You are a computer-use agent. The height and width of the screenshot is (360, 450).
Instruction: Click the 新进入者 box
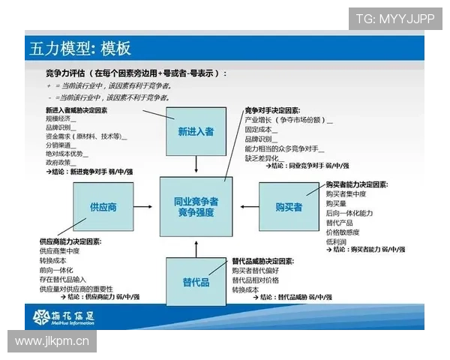click(x=196, y=131)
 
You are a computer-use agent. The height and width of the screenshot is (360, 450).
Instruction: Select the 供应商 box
click(x=103, y=207)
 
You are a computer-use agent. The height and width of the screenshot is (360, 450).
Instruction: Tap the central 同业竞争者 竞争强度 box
click(x=196, y=207)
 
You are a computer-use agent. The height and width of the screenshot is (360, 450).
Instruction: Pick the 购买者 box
click(x=289, y=207)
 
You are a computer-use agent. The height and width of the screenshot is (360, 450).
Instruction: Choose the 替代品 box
click(x=196, y=282)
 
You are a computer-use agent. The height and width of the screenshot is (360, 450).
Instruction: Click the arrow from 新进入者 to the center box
click(x=196, y=166)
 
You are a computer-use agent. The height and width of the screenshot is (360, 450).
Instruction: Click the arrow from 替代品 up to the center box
click(x=196, y=248)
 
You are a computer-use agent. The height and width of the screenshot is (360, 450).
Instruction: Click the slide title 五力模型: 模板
click(x=80, y=49)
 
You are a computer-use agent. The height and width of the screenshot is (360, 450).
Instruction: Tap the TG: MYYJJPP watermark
click(x=395, y=19)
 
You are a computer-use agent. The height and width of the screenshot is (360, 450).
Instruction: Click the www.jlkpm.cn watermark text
click(x=52, y=342)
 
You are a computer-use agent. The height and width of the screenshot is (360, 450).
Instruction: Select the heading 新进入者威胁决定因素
click(x=76, y=110)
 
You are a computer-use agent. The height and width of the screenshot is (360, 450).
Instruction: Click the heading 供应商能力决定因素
click(x=70, y=241)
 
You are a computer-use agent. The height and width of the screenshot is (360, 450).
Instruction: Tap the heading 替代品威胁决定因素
click(x=262, y=261)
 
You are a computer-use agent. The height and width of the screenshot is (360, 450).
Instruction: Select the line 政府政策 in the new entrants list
click(x=61, y=162)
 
